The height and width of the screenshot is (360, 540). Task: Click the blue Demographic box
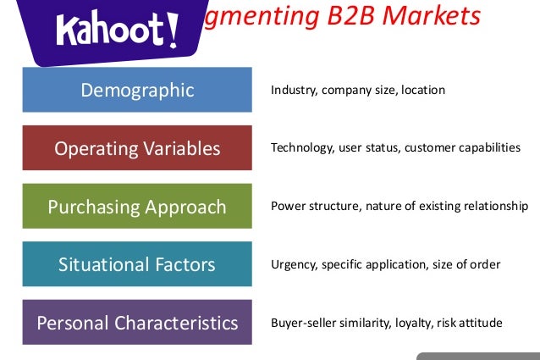[x=137, y=90]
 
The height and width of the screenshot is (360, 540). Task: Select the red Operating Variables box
[x=137, y=148]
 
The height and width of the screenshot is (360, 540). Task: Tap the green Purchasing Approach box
[x=137, y=206]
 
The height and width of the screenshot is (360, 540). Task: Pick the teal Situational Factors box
[x=137, y=263]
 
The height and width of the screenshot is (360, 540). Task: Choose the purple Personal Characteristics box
[x=137, y=322]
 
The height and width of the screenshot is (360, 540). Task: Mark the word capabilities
[x=490, y=147]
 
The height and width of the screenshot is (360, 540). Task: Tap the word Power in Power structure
[x=286, y=206]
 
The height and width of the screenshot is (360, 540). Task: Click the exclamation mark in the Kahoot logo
[x=174, y=29]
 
